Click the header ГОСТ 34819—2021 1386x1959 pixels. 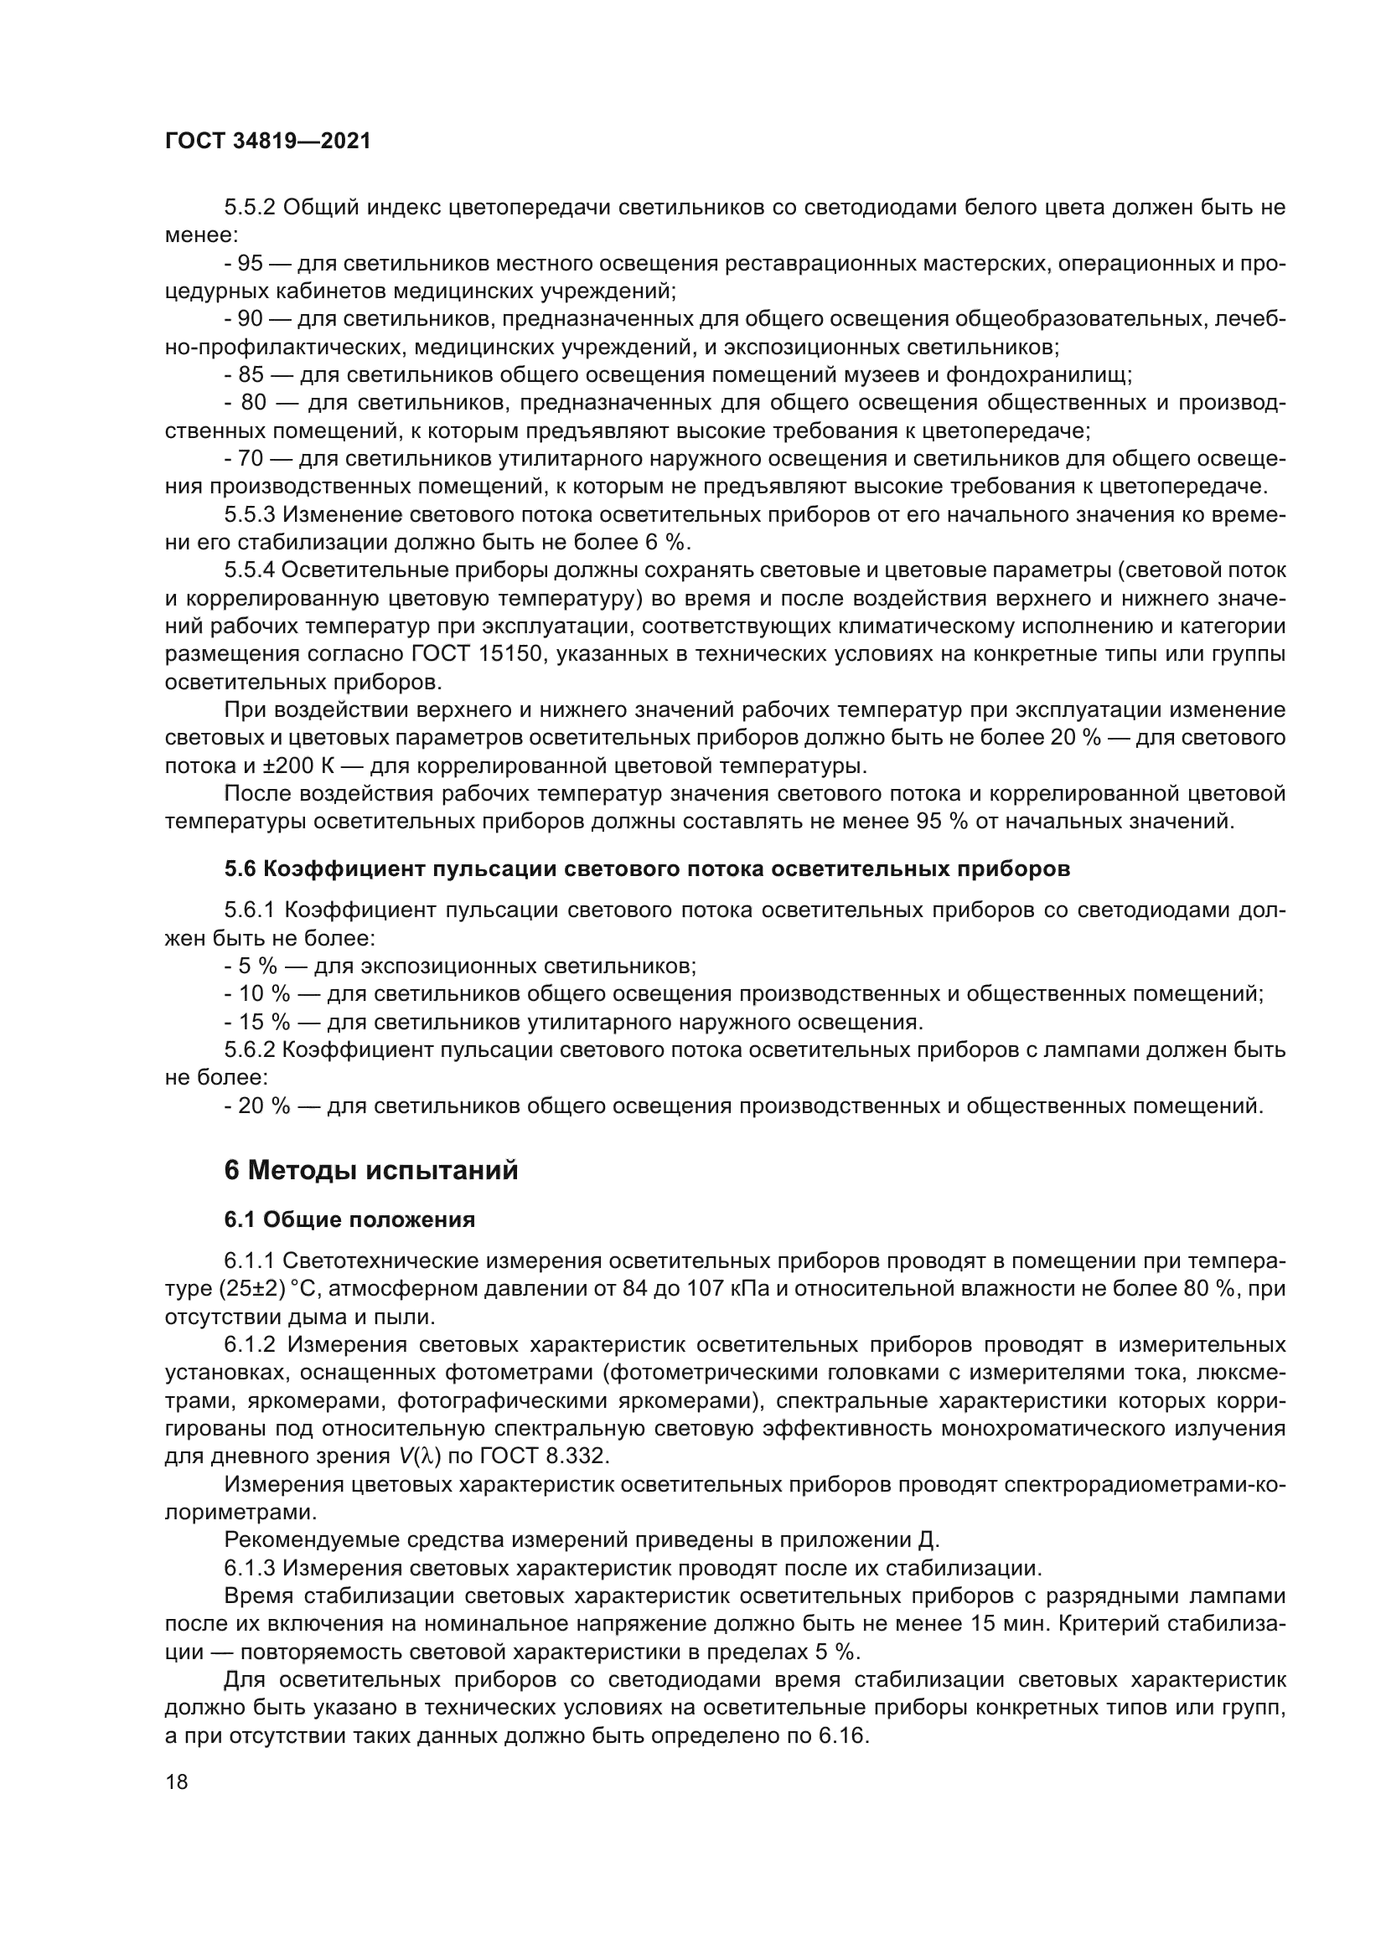tap(268, 142)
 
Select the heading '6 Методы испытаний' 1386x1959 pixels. tap(371, 1170)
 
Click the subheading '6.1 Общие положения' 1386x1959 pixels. tap(350, 1220)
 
